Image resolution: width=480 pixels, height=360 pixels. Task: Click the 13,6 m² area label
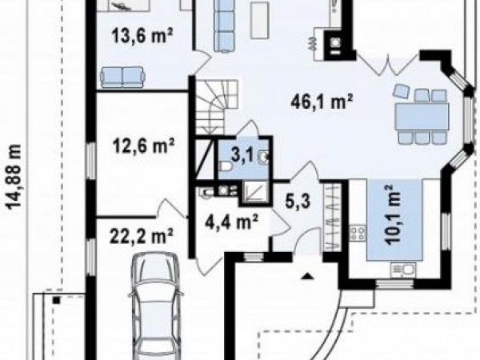(x=142, y=36)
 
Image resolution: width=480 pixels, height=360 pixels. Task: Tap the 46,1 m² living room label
(x=322, y=101)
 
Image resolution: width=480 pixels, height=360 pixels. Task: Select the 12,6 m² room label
(x=144, y=146)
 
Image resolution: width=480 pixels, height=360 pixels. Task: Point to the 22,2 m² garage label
(x=142, y=236)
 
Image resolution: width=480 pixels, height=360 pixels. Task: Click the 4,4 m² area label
(x=233, y=222)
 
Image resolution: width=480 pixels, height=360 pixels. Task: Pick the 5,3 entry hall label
(x=298, y=201)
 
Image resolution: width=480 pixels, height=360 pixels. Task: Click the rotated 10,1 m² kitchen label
(x=393, y=214)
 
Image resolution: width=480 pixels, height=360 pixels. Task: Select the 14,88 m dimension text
(x=14, y=177)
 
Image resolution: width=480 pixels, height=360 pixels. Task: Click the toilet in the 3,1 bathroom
(x=226, y=167)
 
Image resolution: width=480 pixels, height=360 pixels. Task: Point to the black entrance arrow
(x=307, y=277)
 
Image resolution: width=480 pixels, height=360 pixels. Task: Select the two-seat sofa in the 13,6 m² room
(x=122, y=77)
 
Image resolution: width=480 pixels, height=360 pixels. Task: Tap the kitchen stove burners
(x=358, y=234)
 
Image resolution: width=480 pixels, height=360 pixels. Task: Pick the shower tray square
(x=254, y=191)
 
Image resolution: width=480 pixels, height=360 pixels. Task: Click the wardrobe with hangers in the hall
(x=333, y=218)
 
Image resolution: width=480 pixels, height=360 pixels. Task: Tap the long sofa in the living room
(x=224, y=26)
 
